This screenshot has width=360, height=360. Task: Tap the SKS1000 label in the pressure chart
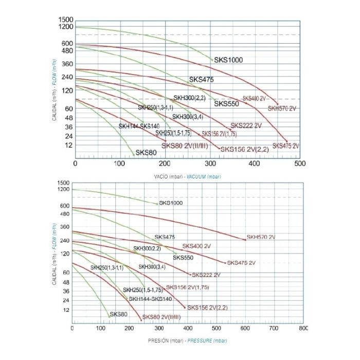(171, 203)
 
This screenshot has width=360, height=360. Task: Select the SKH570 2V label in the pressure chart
(261, 237)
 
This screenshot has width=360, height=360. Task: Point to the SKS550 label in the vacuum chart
(227, 103)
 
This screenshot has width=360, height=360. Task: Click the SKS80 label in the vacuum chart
(146, 152)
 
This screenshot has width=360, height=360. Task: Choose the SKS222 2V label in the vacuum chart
(246, 125)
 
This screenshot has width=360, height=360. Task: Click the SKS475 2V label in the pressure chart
(241, 263)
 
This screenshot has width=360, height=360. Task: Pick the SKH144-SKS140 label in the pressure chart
(150, 299)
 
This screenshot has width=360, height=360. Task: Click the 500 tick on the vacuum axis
(299, 164)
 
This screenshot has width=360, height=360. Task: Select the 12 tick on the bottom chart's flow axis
(65, 310)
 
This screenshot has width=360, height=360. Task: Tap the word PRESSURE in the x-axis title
(199, 340)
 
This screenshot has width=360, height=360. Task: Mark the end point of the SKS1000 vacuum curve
(212, 60)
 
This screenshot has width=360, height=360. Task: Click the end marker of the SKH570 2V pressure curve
(244, 239)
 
